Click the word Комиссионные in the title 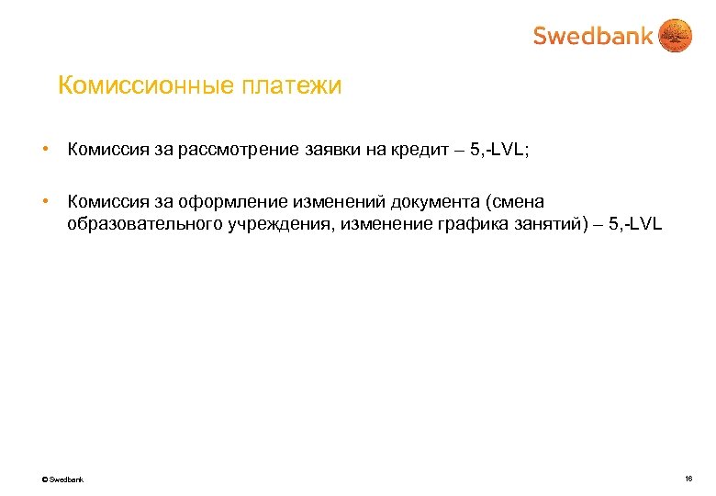click(x=146, y=86)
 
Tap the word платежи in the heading click(x=292, y=86)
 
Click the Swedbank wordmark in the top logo click(x=593, y=36)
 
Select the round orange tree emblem click(x=677, y=36)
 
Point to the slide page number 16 click(x=688, y=479)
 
